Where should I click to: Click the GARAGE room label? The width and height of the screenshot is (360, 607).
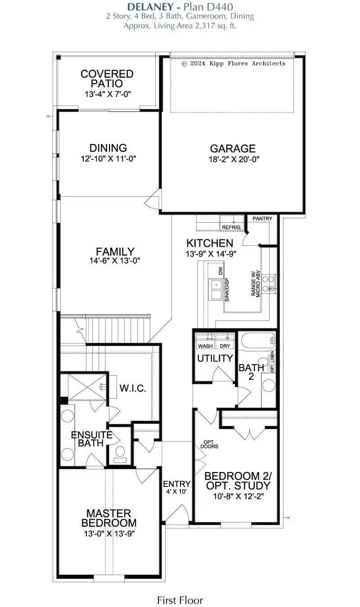(233, 148)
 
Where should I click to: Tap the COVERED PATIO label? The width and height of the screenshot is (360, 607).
(107, 79)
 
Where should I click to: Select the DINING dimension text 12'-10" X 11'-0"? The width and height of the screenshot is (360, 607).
(108, 158)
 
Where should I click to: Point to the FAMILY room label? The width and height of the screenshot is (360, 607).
(115, 252)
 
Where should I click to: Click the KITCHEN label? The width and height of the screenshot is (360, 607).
(210, 243)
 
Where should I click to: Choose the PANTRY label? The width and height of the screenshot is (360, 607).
(262, 219)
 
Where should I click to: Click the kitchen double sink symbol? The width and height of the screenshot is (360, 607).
(216, 289)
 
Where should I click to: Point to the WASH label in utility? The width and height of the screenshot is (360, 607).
(206, 346)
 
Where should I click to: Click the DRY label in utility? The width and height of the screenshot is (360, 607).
(225, 346)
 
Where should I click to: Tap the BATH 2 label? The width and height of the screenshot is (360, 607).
(251, 372)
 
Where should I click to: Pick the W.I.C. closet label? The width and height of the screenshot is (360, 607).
(133, 388)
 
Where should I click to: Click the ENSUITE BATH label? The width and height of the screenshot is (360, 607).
(91, 439)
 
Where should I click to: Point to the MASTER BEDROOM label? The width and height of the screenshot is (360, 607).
(109, 518)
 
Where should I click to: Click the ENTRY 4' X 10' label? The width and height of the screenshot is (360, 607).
(176, 487)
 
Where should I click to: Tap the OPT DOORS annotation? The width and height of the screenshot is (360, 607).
(211, 444)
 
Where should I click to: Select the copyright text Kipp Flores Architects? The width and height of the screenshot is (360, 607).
(233, 63)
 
